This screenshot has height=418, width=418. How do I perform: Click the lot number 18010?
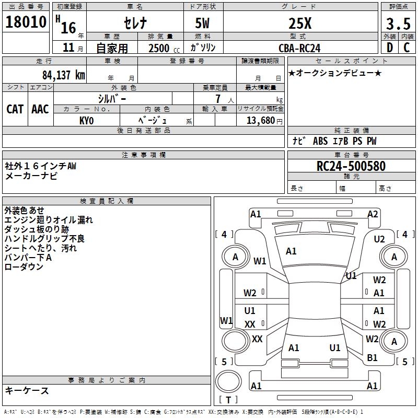click(26, 23)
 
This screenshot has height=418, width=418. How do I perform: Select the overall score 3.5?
click(398, 25)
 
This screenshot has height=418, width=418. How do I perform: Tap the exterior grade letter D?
click(389, 48)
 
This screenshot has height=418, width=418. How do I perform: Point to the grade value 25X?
click(300, 23)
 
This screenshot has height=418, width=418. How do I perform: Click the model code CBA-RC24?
click(300, 48)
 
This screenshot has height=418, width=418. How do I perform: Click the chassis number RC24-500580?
click(351, 166)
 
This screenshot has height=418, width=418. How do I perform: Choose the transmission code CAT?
click(15, 109)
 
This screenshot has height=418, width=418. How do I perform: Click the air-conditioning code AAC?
click(40, 109)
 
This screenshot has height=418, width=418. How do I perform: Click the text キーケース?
click(27, 390)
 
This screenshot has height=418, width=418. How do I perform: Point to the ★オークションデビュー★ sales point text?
click(335, 73)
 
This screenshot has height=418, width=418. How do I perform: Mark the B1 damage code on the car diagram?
click(372, 357)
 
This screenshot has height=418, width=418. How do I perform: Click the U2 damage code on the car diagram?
click(379, 239)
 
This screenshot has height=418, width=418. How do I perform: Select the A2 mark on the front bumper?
click(373, 214)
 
